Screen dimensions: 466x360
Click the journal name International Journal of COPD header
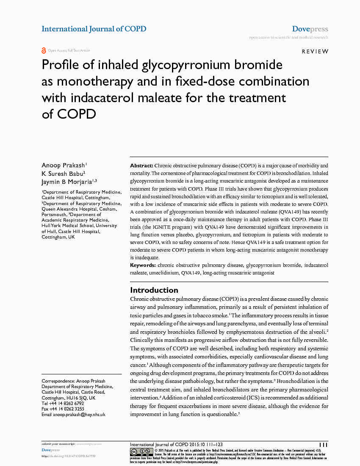tap(94, 29)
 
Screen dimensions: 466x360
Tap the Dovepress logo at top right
tap(310, 29)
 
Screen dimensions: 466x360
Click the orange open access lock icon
tap(44, 50)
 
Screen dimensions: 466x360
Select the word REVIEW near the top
tap(315, 51)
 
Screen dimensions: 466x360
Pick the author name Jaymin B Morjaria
tap(68, 181)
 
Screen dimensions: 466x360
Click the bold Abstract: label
tap(141, 165)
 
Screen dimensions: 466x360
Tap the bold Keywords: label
tap(143, 265)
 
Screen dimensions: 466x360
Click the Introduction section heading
tap(154, 290)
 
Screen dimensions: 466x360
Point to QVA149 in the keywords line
tap(190, 273)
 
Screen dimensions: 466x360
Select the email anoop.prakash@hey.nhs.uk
tap(79, 414)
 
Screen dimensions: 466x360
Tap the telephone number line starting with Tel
tap(63, 403)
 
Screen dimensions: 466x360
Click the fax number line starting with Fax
tap(63, 409)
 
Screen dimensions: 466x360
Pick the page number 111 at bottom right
tap(323, 444)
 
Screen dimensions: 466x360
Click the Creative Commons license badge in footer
tap(141, 452)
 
